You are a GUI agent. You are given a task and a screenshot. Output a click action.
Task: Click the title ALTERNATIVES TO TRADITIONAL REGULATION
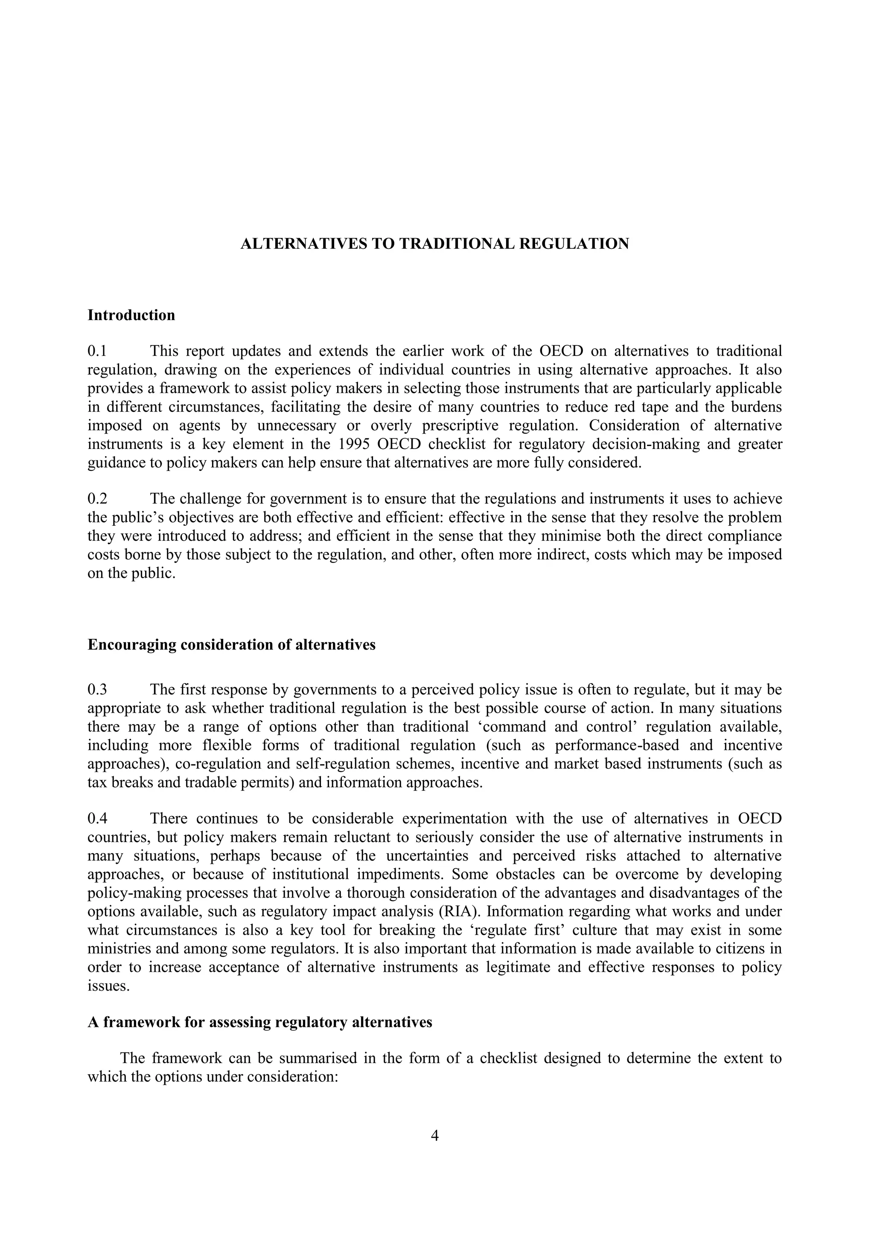tap(434, 244)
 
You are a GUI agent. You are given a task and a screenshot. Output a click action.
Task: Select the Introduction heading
tap(131, 315)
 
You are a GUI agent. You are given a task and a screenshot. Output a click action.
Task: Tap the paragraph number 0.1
tap(97, 351)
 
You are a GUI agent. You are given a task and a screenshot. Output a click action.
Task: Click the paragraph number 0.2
tap(97, 499)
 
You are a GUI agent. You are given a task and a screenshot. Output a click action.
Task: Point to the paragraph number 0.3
tap(97, 690)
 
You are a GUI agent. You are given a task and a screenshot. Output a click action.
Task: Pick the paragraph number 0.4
tap(97, 819)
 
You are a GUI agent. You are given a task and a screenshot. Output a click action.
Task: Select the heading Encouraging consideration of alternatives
tap(231, 644)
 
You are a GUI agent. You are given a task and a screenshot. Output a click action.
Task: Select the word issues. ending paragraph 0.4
tap(109, 986)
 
